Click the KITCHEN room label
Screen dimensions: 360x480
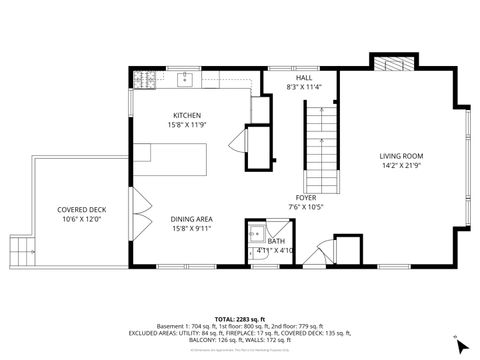(188, 115)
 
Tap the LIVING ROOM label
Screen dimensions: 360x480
(401, 155)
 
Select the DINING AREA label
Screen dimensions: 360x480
(189, 219)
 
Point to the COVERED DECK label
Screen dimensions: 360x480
(82, 209)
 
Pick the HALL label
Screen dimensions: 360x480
(304, 77)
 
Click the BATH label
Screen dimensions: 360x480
(276, 240)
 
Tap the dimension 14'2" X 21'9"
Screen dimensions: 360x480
(401, 165)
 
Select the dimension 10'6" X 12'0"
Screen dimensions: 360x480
(82, 219)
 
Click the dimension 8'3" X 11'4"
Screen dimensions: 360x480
(304, 87)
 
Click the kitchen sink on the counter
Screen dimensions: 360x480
(186, 77)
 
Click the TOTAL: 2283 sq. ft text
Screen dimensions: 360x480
(239, 319)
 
